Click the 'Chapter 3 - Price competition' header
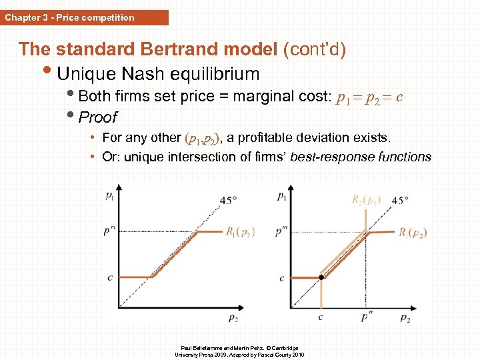(x=69, y=17)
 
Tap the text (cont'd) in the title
(x=314, y=49)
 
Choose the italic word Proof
(x=97, y=117)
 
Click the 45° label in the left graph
(x=229, y=199)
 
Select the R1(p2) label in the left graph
(x=240, y=232)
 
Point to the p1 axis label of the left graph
(x=109, y=195)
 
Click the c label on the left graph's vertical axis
(x=109, y=277)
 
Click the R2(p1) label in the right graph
(x=367, y=199)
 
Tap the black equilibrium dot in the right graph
(x=321, y=277)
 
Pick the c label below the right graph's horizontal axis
(x=321, y=318)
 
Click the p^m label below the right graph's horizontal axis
(x=366, y=317)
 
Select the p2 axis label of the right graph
(x=405, y=319)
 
